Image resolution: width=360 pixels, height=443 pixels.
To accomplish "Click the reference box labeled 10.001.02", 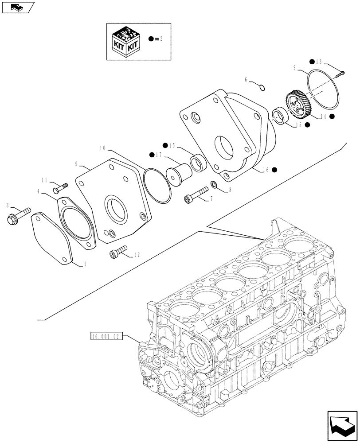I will [106, 336].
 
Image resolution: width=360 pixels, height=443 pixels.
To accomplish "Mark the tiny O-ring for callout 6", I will [262, 87].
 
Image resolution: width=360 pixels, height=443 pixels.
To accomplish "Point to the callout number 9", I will [76, 164].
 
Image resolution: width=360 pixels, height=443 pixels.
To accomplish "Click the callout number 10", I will [102, 147].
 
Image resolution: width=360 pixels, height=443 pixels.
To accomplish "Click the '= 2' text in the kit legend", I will [159, 39].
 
